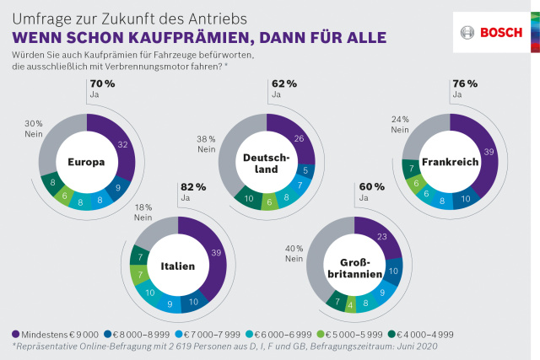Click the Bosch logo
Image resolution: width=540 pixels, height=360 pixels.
pos(490,32)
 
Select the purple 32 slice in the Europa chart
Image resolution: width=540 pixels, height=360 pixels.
pos(123,145)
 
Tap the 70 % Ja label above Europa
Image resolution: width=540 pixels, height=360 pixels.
pos(102,89)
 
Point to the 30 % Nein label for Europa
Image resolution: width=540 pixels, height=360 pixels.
pos(33,128)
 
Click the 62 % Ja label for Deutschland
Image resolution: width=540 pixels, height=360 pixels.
pos(284,89)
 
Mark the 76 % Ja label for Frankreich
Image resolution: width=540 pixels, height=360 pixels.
pos(466,89)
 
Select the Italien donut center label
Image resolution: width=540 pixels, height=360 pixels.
pos(177,266)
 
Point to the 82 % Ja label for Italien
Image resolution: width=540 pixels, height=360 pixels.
pos(193,191)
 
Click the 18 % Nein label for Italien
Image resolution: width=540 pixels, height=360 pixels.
pos(143,211)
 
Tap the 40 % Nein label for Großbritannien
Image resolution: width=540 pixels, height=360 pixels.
pos(294,254)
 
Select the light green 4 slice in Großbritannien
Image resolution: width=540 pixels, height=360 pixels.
pos(349,307)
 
